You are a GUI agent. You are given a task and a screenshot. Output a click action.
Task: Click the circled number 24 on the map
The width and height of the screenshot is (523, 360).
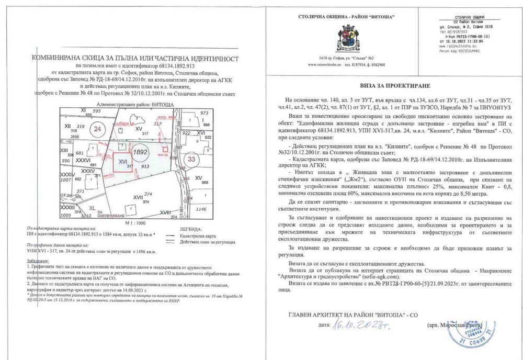pyautogui.click(x=97, y=128)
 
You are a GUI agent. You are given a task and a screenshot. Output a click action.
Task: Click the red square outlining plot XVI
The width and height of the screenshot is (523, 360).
pyautogui.click(x=124, y=162)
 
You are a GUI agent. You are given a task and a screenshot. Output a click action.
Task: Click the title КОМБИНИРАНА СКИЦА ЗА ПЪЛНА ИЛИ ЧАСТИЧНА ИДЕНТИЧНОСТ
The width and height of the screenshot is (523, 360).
pyautogui.click(x=135, y=60)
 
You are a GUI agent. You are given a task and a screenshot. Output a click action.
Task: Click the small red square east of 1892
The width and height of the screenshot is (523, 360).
pyautogui.click(x=165, y=150)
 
